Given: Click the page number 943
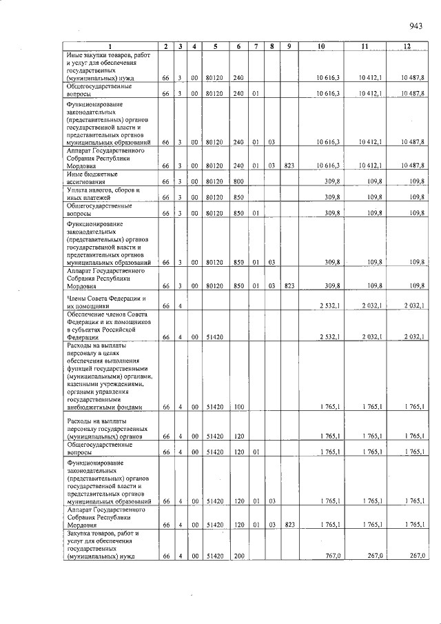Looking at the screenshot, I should point(415,26).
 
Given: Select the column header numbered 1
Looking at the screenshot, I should point(110,46).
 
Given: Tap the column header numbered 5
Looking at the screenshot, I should point(216,46).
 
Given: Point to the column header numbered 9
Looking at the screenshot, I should point(289,46).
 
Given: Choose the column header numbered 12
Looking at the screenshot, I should point(407,46).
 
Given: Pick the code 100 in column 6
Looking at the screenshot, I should point(239,407).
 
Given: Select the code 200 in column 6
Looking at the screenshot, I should point(239,555).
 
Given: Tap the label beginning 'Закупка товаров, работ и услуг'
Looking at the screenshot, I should point(103,544).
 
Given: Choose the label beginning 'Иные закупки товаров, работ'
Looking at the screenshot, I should point(103,66).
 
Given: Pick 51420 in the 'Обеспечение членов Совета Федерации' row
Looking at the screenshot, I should point(216,338).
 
